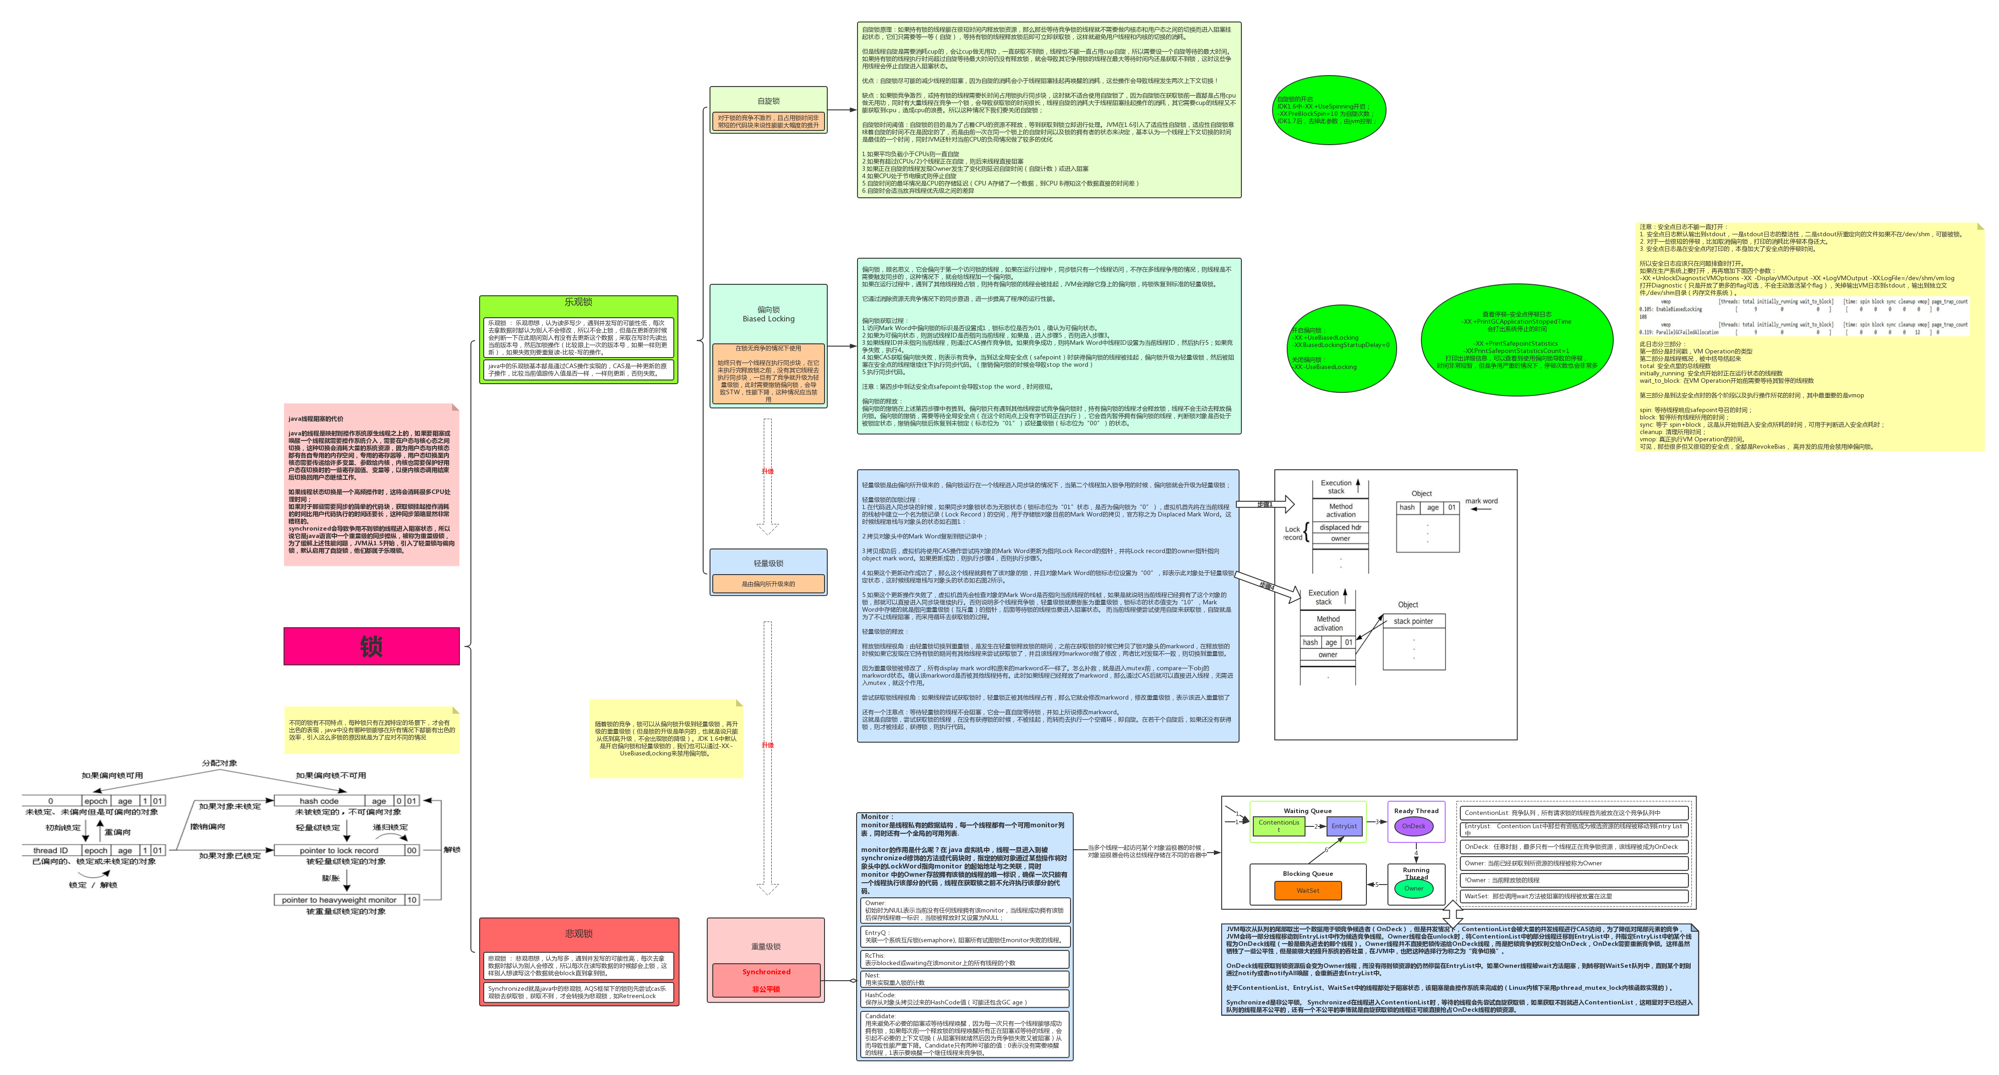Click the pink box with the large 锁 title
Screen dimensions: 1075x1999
tap(371, 646)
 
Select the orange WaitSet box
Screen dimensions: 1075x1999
tap(1308, 890)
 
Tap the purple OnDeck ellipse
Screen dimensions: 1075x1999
tap(1413, 826)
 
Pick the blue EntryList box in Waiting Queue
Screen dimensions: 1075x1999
tap(1344, 826)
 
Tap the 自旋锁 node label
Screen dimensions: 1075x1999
tap(768, 101)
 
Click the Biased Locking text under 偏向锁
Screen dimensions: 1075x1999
tap(768, 319)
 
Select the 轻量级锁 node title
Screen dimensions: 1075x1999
tap(768, 563)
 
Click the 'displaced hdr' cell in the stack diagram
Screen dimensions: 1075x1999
tap(1340, 527)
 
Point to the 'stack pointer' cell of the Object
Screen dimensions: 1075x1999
tap(1413, 621)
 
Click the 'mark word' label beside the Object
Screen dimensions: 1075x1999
tap(1480, 501)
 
